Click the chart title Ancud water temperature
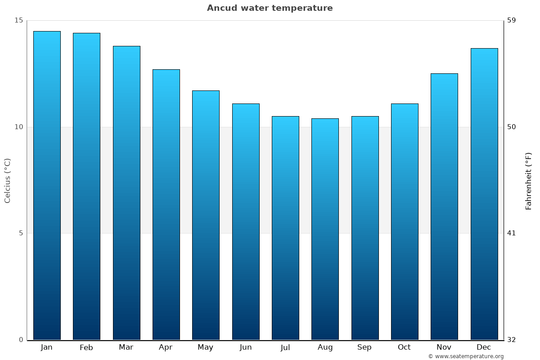[x=270, y=8]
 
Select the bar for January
[x=47, y=185]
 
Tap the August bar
[x=325, y=229]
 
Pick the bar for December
[x=484, y=194]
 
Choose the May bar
[x=206, y=215]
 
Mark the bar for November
[x=444, y=207]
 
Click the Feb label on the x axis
[x=86, y=347]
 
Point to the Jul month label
[x=285, y=347]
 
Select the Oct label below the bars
[x=404, y=347]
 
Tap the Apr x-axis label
[x=166, y=347]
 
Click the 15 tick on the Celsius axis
[x=18, y=20]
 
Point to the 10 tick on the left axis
[x=18, y=127]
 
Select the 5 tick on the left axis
[x=20, y=233]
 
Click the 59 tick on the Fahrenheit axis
[x=512, y=20]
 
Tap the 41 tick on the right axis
[x=512, y=233]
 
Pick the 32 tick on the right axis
[x=512, y=340]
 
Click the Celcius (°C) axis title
[x=7, y=180]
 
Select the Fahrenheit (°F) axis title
[x=529, y=180]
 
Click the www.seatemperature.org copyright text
[x=466, y=356]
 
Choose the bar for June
[x=246, y=221]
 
